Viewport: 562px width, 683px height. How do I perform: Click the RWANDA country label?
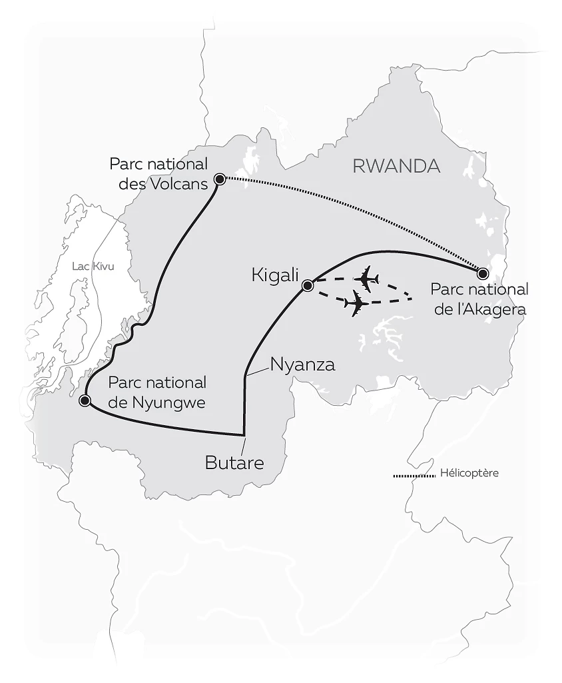click(396, 166)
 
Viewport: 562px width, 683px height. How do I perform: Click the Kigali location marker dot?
click(308, 286)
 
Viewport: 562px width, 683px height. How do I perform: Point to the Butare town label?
click(234, 462)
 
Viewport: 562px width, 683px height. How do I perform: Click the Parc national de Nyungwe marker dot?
click(85, 400)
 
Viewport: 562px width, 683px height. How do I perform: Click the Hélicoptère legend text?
click(469, 474)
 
